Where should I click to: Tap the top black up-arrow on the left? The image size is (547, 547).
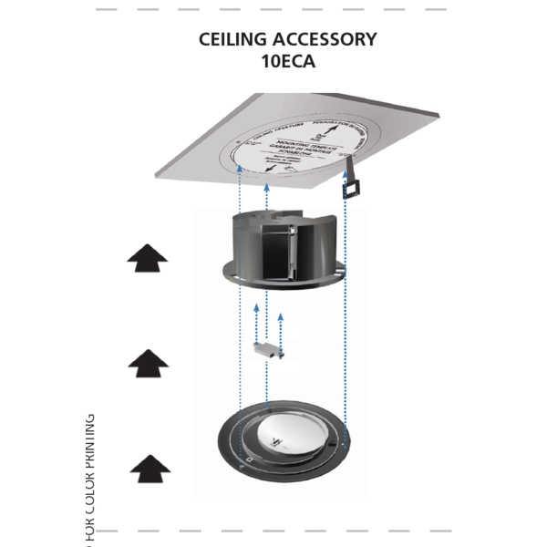[x=148, y=258]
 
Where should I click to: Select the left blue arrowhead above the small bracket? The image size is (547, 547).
[x=257, y=309]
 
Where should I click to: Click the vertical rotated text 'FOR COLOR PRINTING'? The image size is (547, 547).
[x=90, y=479]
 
